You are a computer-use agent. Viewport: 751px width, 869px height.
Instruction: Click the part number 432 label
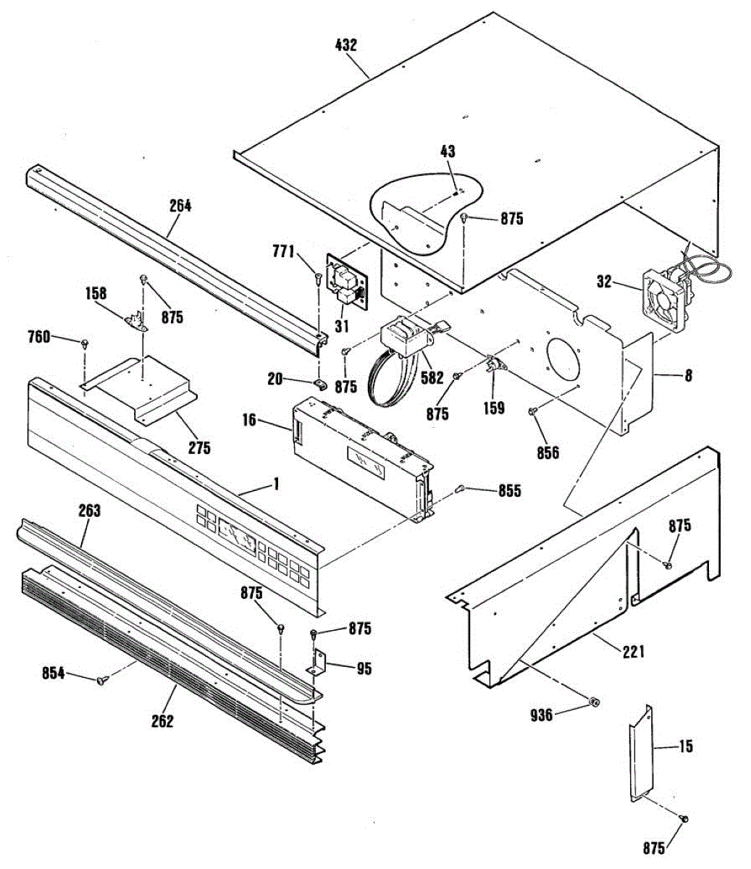pyautogui.click(x=346, y=45)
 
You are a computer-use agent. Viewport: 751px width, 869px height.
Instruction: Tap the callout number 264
pyautogui.click(x=180, y=206)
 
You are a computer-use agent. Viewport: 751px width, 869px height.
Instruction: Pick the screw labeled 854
pyautogui.click(x=103, y=679)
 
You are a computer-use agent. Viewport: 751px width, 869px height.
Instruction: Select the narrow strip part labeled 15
pyautogui.click(x=642, y=753)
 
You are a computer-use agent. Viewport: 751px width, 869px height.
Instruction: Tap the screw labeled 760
pyautogui.click(x=85, y=341)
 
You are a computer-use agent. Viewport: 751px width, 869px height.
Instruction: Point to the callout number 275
pyautogui.click(x=198, y=448)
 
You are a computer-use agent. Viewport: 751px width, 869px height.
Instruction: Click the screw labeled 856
pyautogui.click(x=532, y=411)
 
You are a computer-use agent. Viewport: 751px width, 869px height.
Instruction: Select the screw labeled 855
pyautogui.click(x=459, y=492)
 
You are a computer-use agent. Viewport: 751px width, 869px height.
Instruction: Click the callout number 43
pyautogui.click(x=448, y=151)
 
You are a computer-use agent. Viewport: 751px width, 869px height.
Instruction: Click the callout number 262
pyautogui.click(x=163, y=721)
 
